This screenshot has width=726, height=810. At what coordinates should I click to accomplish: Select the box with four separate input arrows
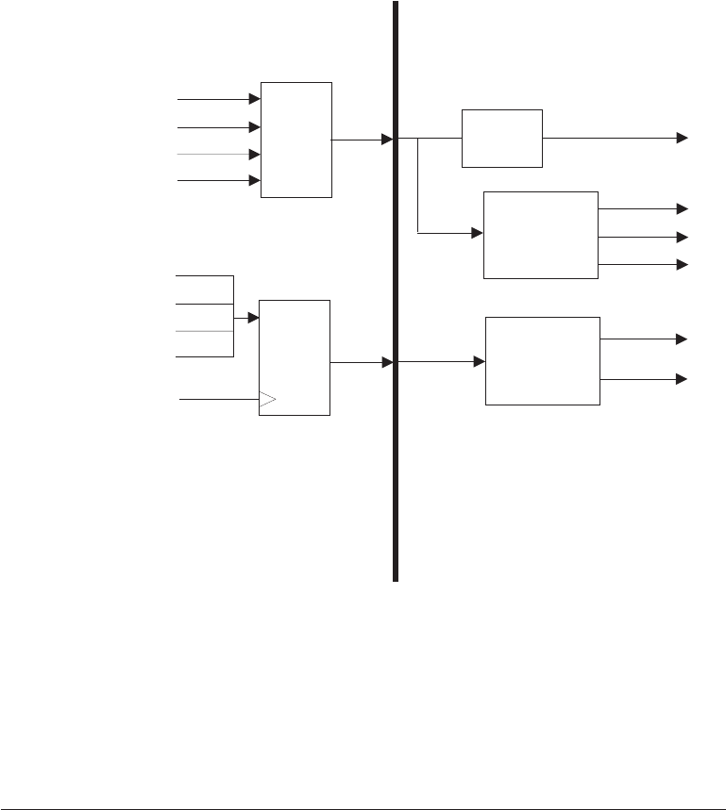(x=296, y=140)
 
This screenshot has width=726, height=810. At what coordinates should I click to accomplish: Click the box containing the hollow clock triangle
(x=294, y=357)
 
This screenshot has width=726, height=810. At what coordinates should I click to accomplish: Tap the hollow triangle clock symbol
(x=267, y=400)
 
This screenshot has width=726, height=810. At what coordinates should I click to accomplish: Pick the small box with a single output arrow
(x=502, y=139)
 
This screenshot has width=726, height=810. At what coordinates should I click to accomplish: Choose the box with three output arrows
(x=540, y=235)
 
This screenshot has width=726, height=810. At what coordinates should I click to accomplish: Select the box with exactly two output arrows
(x=542, y=361)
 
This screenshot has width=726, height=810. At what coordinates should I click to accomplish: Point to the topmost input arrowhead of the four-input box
(x=255, y=98)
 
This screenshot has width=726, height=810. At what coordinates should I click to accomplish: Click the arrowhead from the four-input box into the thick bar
(x=387, y=140)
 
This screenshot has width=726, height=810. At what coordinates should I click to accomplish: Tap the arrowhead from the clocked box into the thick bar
(x=387, y=362)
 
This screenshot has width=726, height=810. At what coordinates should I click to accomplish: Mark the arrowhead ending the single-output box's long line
(x=683, y=138)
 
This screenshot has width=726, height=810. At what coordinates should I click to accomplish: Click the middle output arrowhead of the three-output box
(x=683, y=237)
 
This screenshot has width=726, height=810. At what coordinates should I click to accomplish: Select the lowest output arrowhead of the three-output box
(x=683, y=265)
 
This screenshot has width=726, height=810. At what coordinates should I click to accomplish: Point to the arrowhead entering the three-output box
(x=477, y=231)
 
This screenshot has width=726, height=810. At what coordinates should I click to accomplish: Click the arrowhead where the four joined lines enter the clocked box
(x=253, y=318)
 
